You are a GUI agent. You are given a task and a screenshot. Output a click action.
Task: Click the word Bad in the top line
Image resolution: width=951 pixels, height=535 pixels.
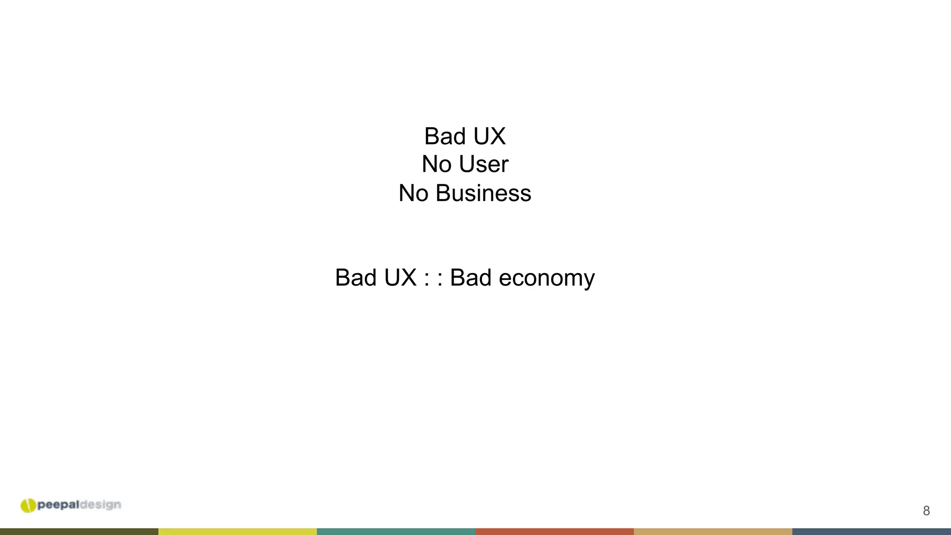[444, 137]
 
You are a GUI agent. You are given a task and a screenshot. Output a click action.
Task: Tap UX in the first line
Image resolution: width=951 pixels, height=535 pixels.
[489, 137]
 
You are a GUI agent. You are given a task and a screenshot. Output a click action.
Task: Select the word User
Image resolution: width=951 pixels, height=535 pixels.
[483, 164]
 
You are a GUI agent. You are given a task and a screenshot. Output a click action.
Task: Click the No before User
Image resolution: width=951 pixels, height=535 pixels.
[436, 164]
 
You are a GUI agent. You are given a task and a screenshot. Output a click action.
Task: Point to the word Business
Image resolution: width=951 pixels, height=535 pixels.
[483, 193]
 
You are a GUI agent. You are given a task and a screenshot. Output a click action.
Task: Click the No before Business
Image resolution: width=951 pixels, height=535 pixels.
[413, 193]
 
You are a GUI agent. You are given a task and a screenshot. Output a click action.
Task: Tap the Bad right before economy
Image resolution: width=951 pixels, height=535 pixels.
[470, 278]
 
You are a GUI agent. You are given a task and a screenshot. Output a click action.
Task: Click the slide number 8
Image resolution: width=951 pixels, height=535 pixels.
[926, 511]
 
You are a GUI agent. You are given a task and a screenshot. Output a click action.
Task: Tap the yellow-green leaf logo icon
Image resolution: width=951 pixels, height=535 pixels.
[28, 505]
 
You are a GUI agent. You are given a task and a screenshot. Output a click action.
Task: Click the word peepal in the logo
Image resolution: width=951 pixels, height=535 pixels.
[59, 505]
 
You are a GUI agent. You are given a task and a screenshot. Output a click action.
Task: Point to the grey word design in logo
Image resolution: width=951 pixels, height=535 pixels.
[100, 505]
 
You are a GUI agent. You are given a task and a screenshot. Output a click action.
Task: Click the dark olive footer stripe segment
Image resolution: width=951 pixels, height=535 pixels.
[79, 532]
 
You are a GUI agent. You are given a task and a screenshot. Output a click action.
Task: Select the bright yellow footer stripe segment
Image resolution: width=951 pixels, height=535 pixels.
[238, 532]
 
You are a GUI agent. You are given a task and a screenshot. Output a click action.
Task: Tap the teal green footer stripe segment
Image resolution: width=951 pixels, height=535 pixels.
[396, 532]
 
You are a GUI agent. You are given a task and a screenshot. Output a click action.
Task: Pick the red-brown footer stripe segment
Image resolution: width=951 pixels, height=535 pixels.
[554, 532]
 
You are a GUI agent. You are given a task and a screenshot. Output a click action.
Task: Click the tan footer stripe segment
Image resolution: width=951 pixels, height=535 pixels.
[713, 532]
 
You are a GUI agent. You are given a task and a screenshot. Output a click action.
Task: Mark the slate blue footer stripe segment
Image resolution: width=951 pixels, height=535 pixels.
[872, 532]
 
